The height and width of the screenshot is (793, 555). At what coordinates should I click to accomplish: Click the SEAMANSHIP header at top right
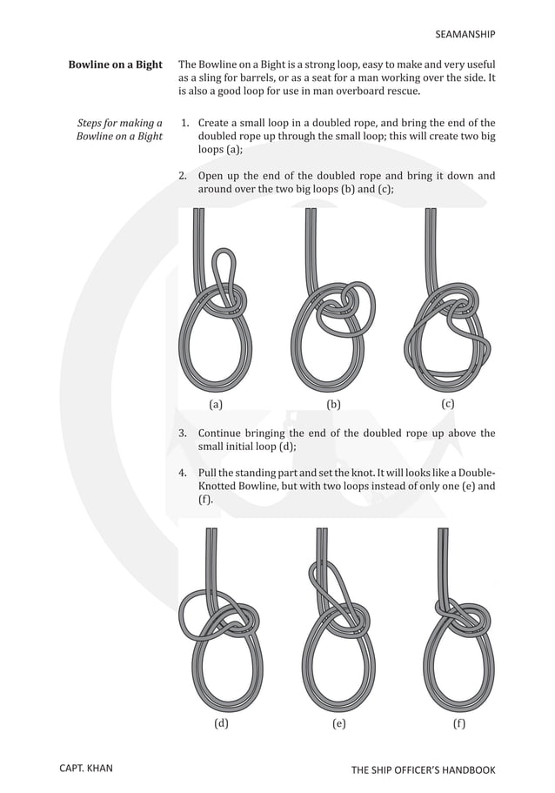point(465,35)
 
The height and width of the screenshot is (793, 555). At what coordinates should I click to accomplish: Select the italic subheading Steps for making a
point(119,124)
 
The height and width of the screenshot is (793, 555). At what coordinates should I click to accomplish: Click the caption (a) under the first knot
point(217,405)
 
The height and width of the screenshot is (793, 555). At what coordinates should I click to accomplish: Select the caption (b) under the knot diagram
point(333,405)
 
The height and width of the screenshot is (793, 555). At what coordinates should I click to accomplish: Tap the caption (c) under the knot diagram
point(448,404)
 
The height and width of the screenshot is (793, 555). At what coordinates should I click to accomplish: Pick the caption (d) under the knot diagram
point(221,723)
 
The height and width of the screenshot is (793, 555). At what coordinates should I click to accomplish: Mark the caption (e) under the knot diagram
point(338,723)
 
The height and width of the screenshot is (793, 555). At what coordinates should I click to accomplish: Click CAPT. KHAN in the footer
point(85,769)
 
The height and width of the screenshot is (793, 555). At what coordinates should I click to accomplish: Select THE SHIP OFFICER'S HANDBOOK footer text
point(423,770)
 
